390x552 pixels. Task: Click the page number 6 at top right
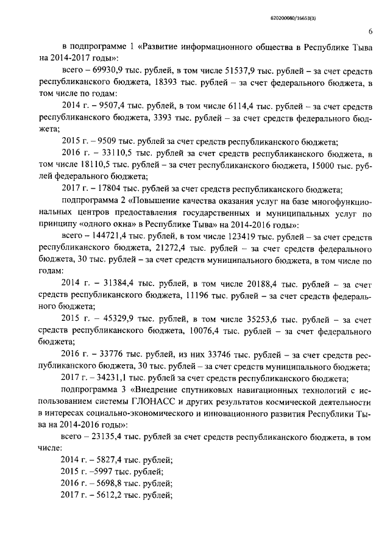point(370,32)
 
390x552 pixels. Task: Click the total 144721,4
point(113,234)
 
